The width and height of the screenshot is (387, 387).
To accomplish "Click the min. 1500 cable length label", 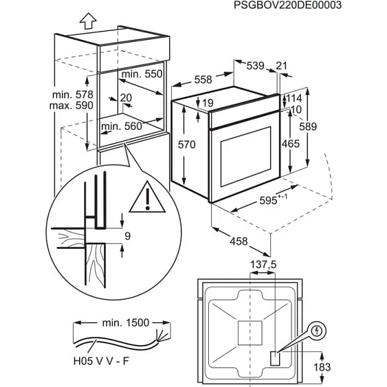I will (121, 322).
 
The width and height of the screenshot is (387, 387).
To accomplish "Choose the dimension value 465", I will (291, 144).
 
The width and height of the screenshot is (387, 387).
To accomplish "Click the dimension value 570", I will (197, 144).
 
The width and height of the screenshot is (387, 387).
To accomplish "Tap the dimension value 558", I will (203, 80).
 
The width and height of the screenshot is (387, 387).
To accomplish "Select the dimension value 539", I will (255, 66).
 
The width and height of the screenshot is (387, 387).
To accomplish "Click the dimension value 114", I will (294, 98).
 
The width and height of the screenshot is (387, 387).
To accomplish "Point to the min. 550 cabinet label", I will (141, 74).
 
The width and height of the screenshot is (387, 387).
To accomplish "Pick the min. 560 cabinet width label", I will (120, 126).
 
